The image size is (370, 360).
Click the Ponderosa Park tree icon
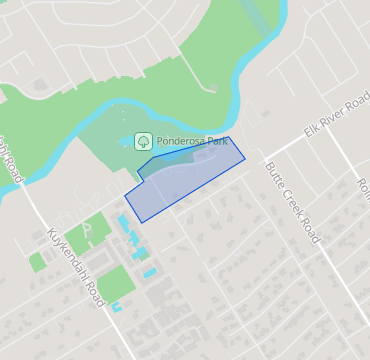142,141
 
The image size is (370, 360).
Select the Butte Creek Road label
293,203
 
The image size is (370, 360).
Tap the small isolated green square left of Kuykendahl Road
38,262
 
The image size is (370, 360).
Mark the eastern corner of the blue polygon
245,157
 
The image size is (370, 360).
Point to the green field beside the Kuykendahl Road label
116,281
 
